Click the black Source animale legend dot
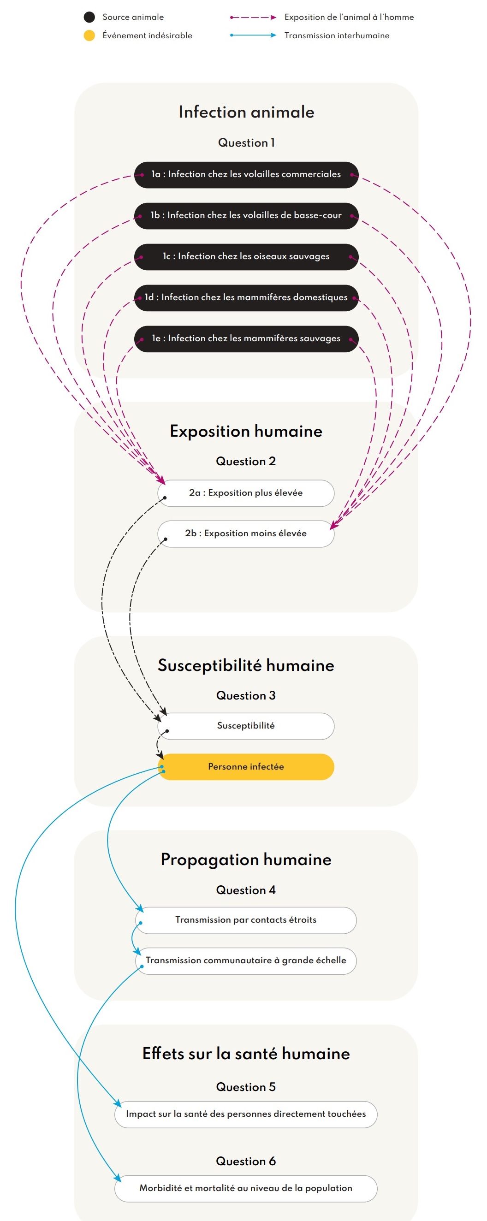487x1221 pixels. point(89,18)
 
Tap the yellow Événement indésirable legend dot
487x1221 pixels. point(89,36)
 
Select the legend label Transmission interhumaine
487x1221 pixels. point(337,36)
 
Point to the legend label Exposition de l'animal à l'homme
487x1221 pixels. point(349,18)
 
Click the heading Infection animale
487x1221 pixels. point(246,113)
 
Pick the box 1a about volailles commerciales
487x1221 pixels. point(246,175)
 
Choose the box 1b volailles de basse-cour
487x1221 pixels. point(246,216)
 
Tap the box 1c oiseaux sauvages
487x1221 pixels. point(246,257)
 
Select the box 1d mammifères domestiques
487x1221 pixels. point(246,298)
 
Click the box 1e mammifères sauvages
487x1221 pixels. point(246,339)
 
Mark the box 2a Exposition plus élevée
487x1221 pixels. point(246,493)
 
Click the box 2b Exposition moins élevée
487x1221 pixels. point(246,533)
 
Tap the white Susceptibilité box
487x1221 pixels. point(246,726)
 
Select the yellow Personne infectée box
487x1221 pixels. point(246,767)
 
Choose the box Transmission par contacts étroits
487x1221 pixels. point(246,920)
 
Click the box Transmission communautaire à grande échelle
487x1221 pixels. point(246,961)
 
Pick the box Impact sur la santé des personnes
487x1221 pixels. point(246,1114)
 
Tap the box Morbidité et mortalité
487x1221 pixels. point(246,1188)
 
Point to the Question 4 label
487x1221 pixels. point(246,890)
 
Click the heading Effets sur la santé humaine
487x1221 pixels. point(246,1054)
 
